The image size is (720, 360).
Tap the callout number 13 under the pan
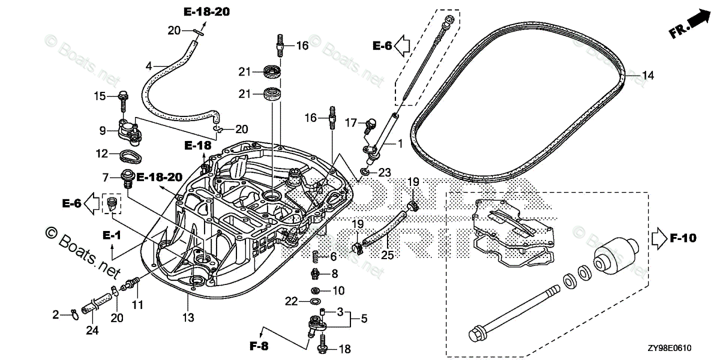tap(188, 317)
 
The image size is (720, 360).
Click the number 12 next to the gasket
tap(103, 154)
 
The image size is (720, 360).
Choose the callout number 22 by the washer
tap(291, 301)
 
